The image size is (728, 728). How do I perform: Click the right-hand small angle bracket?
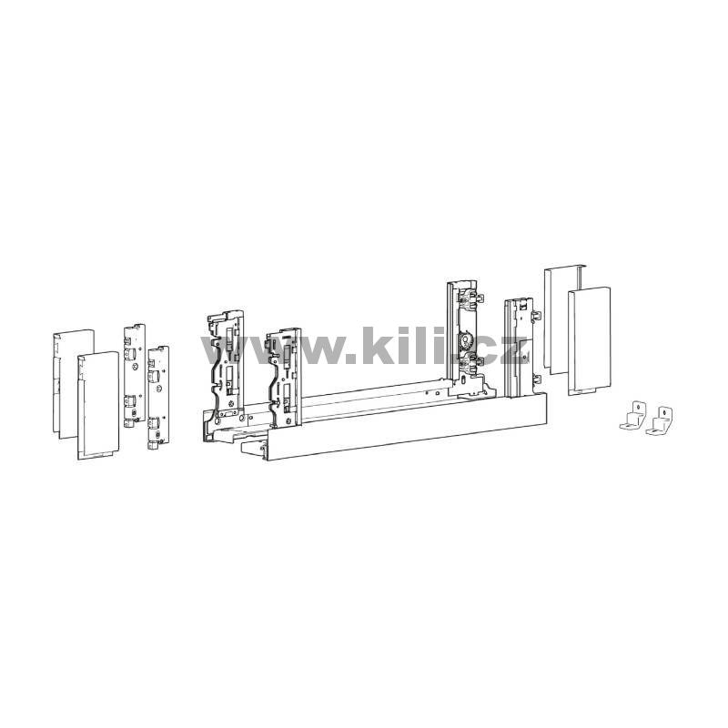click(660, 420)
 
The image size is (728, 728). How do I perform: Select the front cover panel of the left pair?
click(98, 405)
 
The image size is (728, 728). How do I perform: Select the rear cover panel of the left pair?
click(74, 383)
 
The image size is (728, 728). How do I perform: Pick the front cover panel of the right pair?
click(589, 340)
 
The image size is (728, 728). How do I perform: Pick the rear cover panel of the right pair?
click(565, 320)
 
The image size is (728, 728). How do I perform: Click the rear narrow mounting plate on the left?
click(135, 375)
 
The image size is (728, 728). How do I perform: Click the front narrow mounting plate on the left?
click(158, 397)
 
